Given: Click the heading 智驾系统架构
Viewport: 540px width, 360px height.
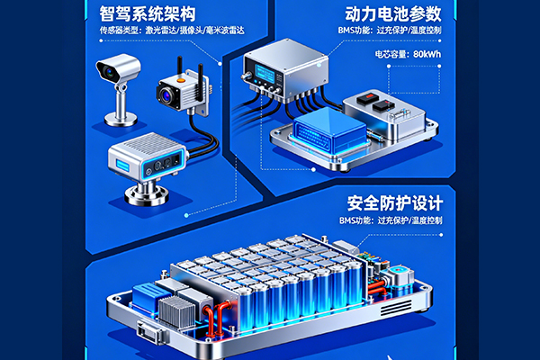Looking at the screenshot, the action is point(148,13).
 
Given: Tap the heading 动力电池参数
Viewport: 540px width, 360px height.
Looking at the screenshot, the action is point(393,13).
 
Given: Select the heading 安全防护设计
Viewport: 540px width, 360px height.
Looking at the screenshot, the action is point(395,202).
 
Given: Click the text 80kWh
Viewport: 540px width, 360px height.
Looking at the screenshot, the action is point(427,54).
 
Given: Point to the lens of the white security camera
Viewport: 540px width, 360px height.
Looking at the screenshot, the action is point(110,72).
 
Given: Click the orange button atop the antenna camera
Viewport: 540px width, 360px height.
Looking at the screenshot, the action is point(181,81).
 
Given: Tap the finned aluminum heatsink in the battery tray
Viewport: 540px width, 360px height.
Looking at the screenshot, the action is point(176,311).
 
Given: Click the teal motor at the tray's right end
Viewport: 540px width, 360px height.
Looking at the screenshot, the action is point(399,276).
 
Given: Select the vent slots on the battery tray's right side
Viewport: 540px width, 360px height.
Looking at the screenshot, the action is point(396,308).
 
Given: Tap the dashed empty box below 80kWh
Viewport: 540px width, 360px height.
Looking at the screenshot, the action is point(414,79).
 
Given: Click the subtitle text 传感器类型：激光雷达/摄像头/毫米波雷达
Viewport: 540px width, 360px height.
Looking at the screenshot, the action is point(172,31).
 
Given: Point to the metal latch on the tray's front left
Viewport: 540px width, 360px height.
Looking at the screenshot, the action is point(150,331).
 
